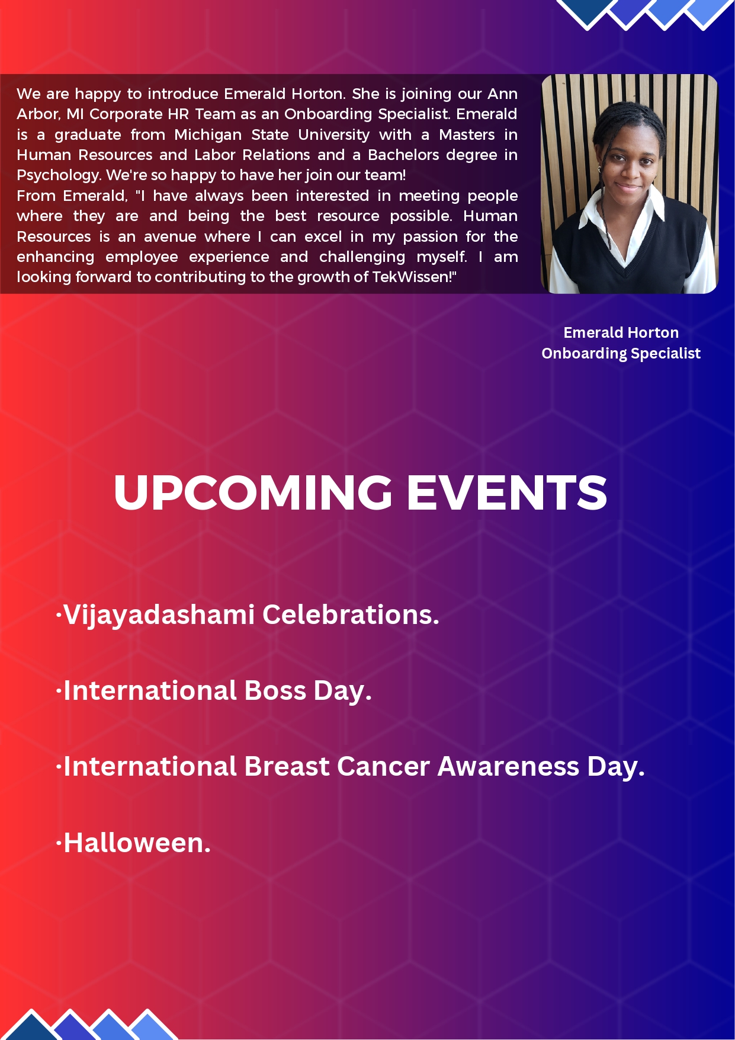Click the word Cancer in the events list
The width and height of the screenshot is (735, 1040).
coord(383,766)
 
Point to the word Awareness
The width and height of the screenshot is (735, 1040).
coord(508,766)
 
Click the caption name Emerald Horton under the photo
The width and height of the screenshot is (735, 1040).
coord(621,332)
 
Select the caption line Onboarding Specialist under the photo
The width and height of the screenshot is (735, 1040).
coord(621,354)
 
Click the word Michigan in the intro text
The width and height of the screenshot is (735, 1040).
coord(208,135)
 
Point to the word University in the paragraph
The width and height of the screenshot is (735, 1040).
coord(333,135)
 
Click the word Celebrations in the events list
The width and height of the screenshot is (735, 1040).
coord(351,615)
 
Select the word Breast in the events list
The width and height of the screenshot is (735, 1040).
coord(287,766)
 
